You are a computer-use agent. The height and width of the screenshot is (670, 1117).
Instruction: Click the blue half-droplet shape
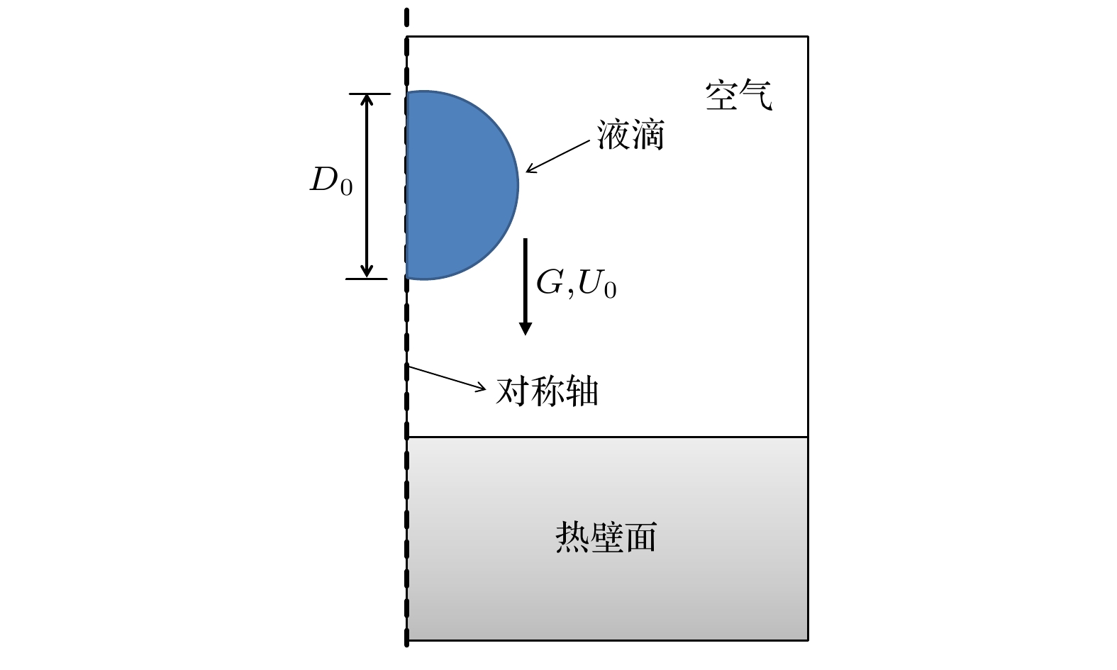click(x=461, y=185)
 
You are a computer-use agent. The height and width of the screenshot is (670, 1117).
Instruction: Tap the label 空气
click(x=738, y=95)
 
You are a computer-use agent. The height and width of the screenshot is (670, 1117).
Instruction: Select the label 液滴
click(x=630, y=135)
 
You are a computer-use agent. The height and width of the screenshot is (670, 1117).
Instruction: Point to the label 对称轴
click(x=547, y=391)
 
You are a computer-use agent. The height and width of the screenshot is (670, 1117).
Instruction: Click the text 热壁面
click(x=606, y=537)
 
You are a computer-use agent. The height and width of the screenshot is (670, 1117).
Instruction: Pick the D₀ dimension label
click(x=331, y=181)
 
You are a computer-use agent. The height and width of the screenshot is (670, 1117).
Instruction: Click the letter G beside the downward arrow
click(x=550, y=282)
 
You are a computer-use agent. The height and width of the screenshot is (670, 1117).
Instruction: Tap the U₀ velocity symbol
click(x=597, y=284)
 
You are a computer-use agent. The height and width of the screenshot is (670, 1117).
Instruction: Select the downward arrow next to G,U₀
click(x=525, y=286)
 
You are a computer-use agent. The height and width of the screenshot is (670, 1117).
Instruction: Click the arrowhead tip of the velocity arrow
click(x=525, y=335)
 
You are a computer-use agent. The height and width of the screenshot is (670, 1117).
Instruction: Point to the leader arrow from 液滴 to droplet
click(x=558, y=157)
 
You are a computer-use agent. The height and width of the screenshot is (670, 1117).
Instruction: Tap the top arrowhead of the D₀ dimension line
click(x=367, y=95)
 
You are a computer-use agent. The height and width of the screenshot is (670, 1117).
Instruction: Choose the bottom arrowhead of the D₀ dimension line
click(x=367, y=277)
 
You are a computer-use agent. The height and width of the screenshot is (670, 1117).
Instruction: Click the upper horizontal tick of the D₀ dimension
click(x=369, y=93)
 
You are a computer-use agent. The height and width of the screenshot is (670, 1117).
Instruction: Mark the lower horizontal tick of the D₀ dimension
click(x=367, y=279)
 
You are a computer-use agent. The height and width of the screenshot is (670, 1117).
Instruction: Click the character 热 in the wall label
click(x=572, y=537)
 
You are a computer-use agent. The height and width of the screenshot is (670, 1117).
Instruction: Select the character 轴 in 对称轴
click(x=582, y=391)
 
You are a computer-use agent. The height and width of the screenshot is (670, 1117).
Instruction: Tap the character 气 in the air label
click(x=757, y=95)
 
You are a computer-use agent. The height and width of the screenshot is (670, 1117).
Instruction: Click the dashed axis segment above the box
click(x=407, y=18)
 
